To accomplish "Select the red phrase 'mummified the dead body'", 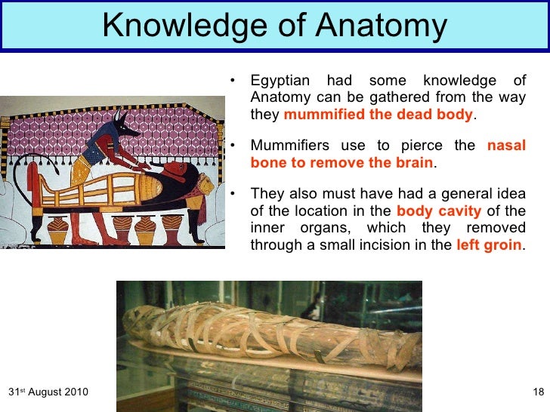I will click(x=379, y=115).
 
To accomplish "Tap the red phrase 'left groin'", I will click(x=489, y=245).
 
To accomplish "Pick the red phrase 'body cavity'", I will click(x=438, y=211).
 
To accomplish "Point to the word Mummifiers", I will click(x=289, y=146).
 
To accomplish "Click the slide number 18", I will click(x=538, y=392).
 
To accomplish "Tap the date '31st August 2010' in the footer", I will click(x=48, y=392).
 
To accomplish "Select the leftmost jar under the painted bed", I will click(x=57, y=229).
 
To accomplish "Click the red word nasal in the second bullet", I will click(x=506, y=146).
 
